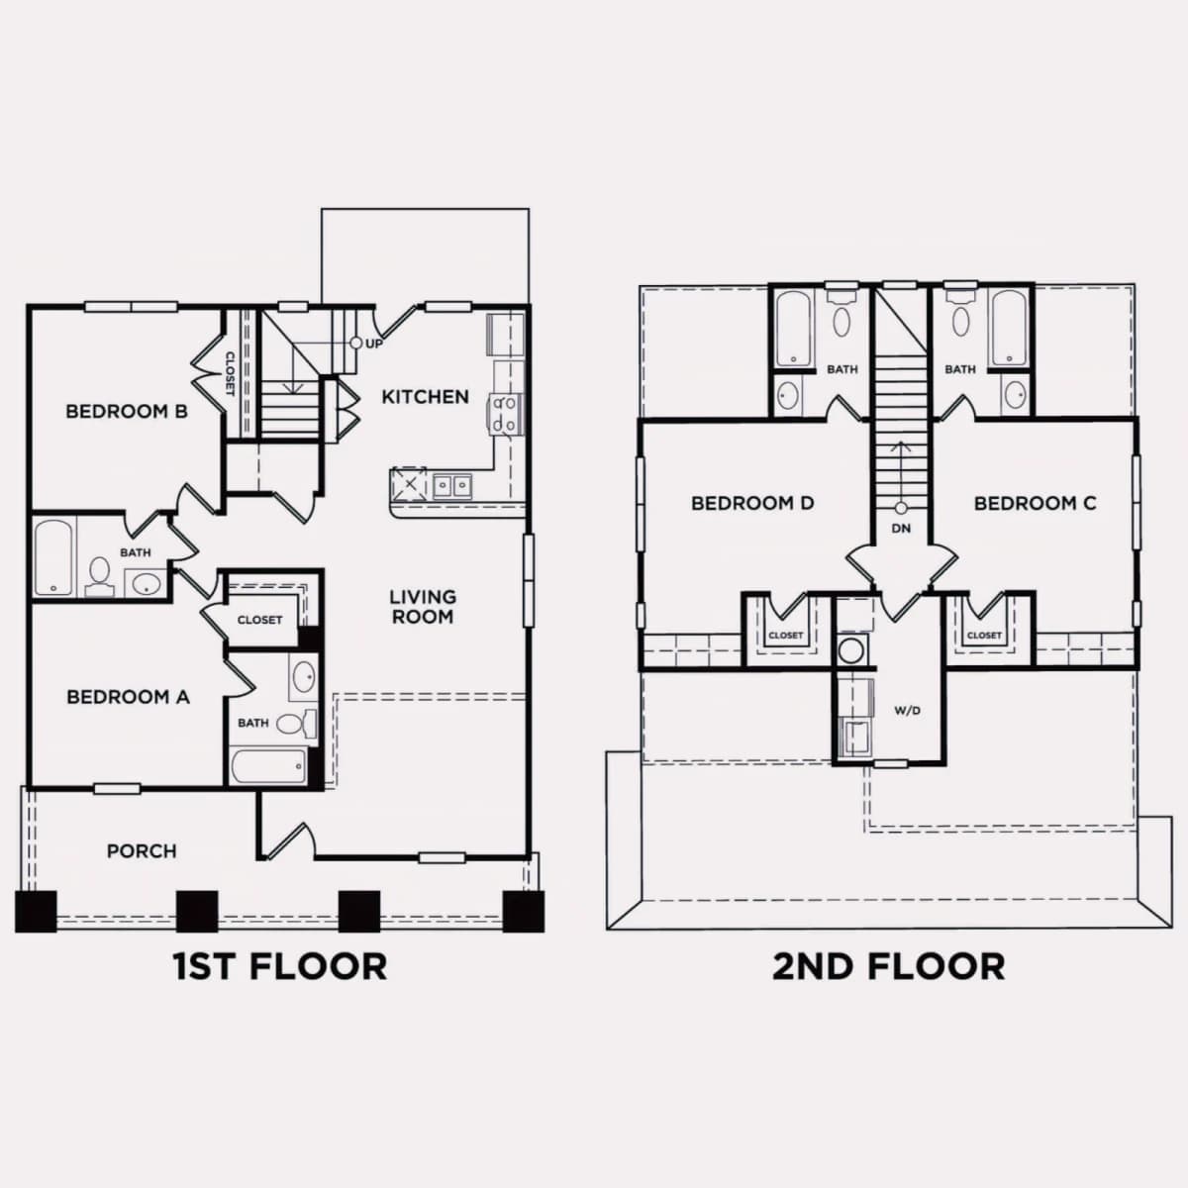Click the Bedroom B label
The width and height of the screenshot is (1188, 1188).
(x=127, y=411)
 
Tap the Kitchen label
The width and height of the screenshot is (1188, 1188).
(x=426, y=397)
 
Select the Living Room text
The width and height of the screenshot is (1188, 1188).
(x=423, y=607)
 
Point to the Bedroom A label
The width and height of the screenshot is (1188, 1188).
(x=128, y=697)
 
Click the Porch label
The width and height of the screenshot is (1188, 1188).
(x=142, y=851)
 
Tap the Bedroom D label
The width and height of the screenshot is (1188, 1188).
(x=752, y=504)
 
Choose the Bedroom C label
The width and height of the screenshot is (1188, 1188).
(x=1036, y=504)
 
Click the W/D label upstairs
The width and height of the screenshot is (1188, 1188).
(x=908, y=711)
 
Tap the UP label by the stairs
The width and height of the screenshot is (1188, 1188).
(x=373, y=344)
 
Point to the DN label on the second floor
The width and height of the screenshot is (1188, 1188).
(x=901, y=529)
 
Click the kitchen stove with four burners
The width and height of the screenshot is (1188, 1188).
(x=506, y=414)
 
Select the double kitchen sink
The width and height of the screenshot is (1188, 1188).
(x=451, y=486)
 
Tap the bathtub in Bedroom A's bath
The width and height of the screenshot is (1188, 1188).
(x=268, y=766)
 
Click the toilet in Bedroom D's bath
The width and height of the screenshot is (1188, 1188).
(x=841, y=314)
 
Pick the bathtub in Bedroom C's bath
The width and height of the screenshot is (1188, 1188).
(x=1009, y=328)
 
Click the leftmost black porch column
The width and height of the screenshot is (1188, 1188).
(x=36, y=911)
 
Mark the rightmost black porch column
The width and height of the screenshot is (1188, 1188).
(x=524, y=911)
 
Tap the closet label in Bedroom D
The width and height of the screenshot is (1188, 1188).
(x=786, y=635)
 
